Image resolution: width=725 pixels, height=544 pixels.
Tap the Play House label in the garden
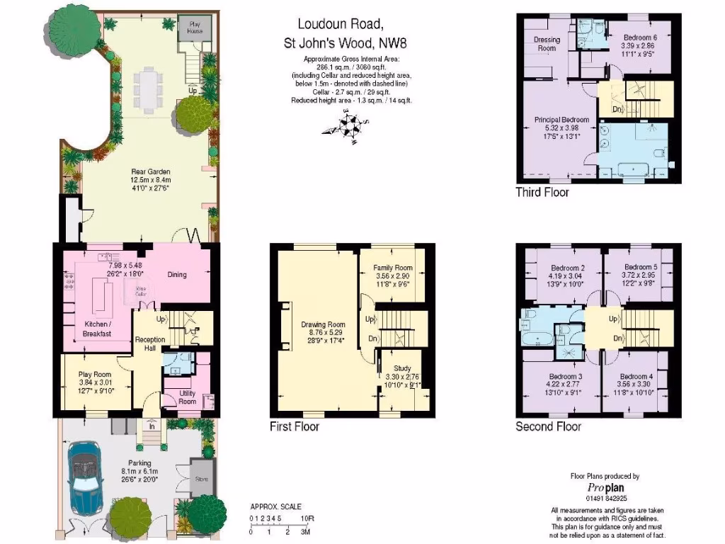click(188, 28)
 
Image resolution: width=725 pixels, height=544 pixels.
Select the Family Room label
click(393, 268)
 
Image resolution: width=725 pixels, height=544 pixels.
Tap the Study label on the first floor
click(403, 368)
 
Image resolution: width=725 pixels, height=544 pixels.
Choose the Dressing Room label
click(547, 44)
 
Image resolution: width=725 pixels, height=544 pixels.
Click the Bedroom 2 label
click(567, 268)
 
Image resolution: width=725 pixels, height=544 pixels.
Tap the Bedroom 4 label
click(636, 376)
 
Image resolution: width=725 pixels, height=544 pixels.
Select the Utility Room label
click(188, 397)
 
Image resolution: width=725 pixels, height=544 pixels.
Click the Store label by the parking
click(202, 479)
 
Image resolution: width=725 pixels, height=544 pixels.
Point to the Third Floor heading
click(542, 192)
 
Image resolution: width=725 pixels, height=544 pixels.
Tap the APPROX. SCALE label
click(275, 506)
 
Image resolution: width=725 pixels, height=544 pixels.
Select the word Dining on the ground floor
click(177, 274)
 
